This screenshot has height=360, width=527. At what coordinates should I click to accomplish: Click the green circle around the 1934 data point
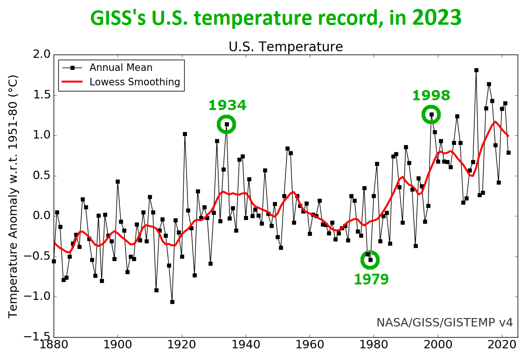point(227,125)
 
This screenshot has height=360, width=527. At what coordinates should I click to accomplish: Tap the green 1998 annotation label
point(431,96)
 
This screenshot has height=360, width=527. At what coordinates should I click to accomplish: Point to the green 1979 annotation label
point(371,279)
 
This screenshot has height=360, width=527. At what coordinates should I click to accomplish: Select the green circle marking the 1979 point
point(370,260)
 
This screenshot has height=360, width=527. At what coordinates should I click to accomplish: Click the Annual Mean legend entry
point(121,68)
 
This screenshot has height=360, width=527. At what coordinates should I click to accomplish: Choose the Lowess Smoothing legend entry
point(135,82)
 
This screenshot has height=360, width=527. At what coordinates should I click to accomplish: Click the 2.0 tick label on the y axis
point(40,55)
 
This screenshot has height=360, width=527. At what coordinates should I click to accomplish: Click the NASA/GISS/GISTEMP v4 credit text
point(444,322)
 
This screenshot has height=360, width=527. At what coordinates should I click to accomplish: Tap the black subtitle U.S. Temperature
point(285,47)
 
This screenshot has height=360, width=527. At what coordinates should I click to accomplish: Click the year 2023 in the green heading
point(437,18)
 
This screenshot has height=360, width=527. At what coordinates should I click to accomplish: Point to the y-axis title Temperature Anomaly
point(13,196)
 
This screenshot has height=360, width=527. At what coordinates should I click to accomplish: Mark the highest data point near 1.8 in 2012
point(476,70)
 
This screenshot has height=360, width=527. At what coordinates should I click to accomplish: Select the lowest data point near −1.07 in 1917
point(172,302)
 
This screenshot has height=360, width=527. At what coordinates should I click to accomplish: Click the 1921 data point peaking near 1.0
point(185,134)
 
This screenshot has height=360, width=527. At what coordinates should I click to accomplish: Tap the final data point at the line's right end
point(508,152)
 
